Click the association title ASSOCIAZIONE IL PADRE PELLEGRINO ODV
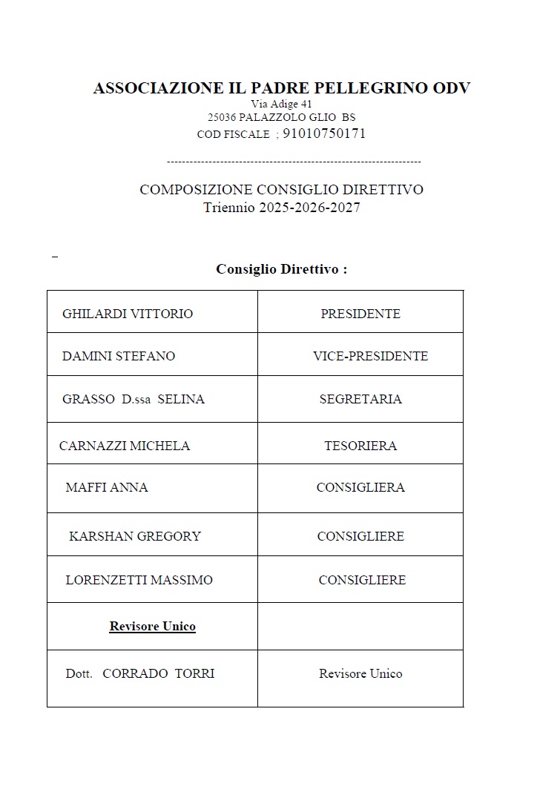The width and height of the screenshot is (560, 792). pyautogui.click(x=281, y=88)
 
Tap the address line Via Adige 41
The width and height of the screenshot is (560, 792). pyautogui.click(x=281, y=105)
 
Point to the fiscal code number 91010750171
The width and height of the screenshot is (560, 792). pyautogui.click(x=324, y=134)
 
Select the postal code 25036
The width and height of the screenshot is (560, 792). pyautogui.click(x=222, y=117)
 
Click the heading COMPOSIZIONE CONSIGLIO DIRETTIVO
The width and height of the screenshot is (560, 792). pyautogui.click(x=281, y=190)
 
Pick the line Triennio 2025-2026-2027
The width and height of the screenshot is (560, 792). pyautogui.click(x=281, y=208)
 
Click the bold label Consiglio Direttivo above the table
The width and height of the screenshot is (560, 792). pyautogui.click(x=281, y=269)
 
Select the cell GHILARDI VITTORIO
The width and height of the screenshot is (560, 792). pyautogui.click(x=128, y=314)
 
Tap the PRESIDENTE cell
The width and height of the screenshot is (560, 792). pyautogui.click(x=360, y=314)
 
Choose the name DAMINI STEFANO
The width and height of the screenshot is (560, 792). pyautogui.click(x=119, y=356)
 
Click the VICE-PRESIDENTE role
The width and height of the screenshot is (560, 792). pyautogui.click(x=370, y=356)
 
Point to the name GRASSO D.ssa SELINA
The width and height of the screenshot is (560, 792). pyautogui.click(x=134, y=399)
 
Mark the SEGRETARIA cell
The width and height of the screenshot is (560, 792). pyautogui.click(x=360, y=399)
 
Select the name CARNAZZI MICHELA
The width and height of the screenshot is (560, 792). pyautogui.click(x=125, y=446)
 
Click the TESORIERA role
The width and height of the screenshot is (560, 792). pyautogui.click(x=360, y=446)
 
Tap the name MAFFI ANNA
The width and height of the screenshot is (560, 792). pyautogui.click(x=107, y=487)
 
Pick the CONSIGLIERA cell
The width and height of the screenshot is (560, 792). pyautogui.click(x=360, y=487)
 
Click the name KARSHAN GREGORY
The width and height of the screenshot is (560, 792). pyautogui.click(x=135, y=536)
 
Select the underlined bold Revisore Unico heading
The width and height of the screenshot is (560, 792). pyautogui.click(x=153, y=627)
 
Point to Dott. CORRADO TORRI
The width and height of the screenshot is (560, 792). pyautogui.click(x=140, y=673)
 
